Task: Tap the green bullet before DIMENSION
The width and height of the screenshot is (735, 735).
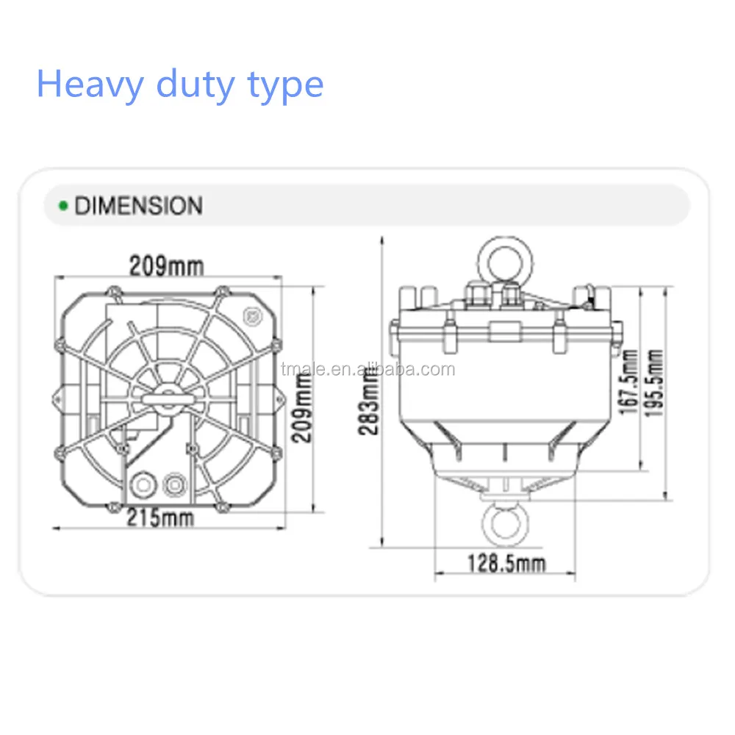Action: (63, 205)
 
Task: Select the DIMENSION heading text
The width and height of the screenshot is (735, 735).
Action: (138, 205)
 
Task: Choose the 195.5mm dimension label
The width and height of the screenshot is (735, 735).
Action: (653, 382)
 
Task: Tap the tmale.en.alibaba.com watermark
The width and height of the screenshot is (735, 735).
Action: (367, 368)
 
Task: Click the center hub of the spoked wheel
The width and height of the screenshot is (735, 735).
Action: (168, 398)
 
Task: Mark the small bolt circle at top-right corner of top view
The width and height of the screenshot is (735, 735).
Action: (254, 315)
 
